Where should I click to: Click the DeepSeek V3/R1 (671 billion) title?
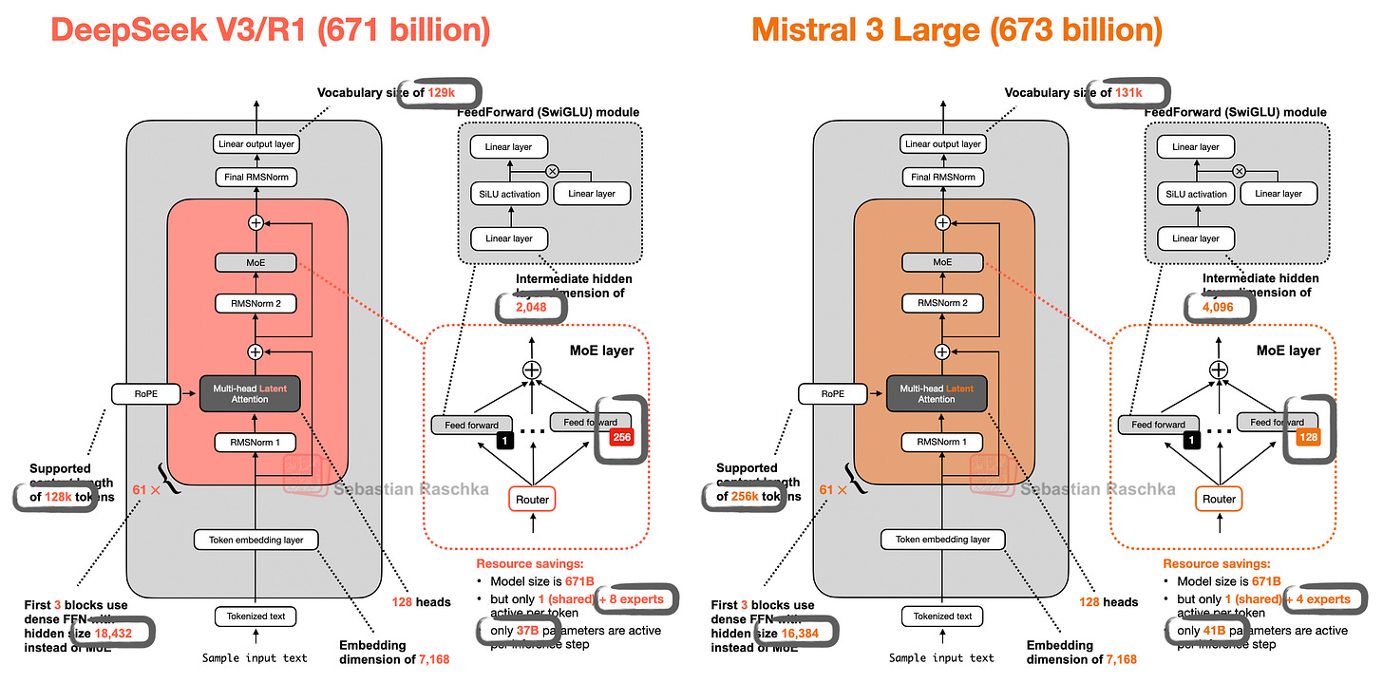pyautogui.click(x=270, y=30)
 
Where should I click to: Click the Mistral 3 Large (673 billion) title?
pyautogui.click(x=957, y=30)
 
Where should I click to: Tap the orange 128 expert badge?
pyautogui.click(x=1306, y=437)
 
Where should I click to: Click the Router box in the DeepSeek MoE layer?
pyautogui.click(x=533, y=499)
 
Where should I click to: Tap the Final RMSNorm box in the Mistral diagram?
pyautogui.click(x=942, y=177)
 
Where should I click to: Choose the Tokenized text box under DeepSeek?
pyautogui.click(x=255, y=616)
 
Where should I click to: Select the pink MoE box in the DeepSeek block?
pyautogui.click(x=255, y=261)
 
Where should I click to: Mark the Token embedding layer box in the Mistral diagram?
pyautogui.click(x=942, y=540)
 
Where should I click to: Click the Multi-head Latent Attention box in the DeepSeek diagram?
pyautogui.click(x=255, y=392)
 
